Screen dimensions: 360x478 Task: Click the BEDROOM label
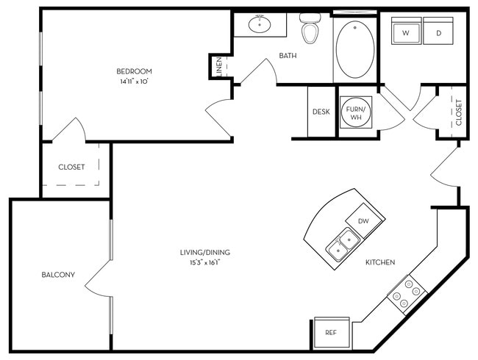(134, 71)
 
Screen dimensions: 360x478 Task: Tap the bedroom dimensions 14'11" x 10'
(134, 82)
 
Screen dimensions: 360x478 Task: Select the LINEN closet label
(219, 68)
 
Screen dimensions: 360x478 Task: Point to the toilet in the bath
(310, 29)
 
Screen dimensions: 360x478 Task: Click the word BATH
(287, 56)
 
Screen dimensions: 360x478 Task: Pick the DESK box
(321, 112)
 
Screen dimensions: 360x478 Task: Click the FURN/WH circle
(357, 112)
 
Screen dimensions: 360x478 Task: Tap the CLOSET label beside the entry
(458, 112)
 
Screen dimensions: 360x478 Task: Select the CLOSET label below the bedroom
(71, 167)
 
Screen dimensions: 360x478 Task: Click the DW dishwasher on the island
(363, 221)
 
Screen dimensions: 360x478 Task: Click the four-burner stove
(407, 294)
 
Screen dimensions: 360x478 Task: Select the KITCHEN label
(380, 262)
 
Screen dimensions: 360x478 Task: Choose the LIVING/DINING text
(200, 253)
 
